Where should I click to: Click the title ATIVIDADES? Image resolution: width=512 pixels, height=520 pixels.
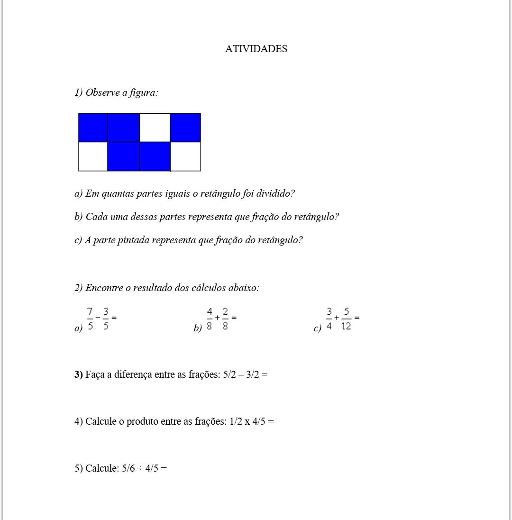tap(256, 49)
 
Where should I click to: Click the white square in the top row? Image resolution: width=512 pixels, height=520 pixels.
tap(155, 128)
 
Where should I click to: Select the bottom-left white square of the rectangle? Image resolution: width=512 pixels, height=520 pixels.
tap(93, 156)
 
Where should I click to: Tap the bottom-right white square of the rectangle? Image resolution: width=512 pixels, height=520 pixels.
tap(185, 156)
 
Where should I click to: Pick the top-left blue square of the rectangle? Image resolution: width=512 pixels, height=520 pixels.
tap(93, 128)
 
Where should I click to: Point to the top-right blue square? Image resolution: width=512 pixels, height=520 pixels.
tap(185, 128)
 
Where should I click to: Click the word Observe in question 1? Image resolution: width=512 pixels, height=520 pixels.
tap(102, 92)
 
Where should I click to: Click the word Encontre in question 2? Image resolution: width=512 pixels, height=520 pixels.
tap(108, 288)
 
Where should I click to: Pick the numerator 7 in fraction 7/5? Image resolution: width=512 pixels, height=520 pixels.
tap(90, 311)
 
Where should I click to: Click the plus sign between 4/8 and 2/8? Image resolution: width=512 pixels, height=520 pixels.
tap(217, 318)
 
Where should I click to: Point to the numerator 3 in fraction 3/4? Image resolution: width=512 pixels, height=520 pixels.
tap(329, 311)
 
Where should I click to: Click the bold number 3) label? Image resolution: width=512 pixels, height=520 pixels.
tap(78, 374)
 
